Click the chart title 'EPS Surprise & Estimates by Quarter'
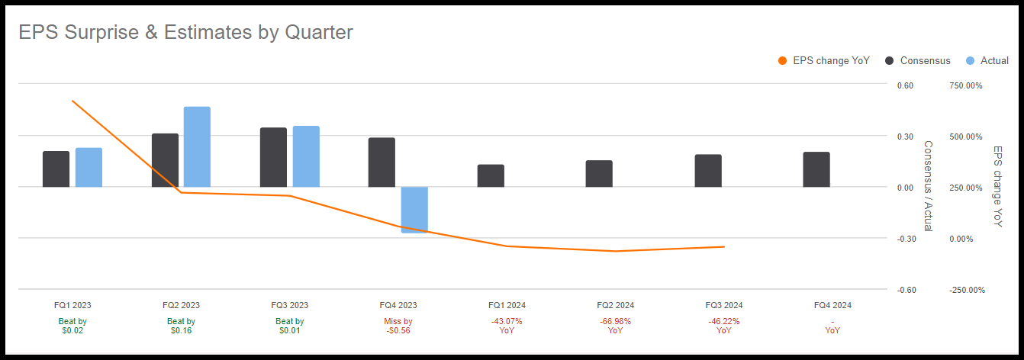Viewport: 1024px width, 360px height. [185, 32]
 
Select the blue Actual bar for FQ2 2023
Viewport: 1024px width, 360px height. [197, 146]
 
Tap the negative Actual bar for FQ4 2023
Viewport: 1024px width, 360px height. [414, 209]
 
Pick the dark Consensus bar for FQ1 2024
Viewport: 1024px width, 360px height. [491, 175]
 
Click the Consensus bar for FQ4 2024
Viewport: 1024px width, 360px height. [816, 169]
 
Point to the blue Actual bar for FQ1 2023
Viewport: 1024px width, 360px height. [89, 167]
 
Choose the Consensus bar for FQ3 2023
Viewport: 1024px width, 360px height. [273, 157]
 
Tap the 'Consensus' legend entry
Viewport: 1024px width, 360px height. [917, 61]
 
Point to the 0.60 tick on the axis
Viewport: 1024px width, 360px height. [906, 85]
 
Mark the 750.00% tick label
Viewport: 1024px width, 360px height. [965, 85]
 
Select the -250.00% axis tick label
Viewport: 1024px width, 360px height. [965, 290]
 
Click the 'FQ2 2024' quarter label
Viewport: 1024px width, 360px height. [614, 305]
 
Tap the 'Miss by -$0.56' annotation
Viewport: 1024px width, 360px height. [398, 326]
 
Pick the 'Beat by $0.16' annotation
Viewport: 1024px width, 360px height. [181, 326]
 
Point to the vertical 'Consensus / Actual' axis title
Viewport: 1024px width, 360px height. [928, 185]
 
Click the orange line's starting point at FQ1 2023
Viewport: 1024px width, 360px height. [72, 101]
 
